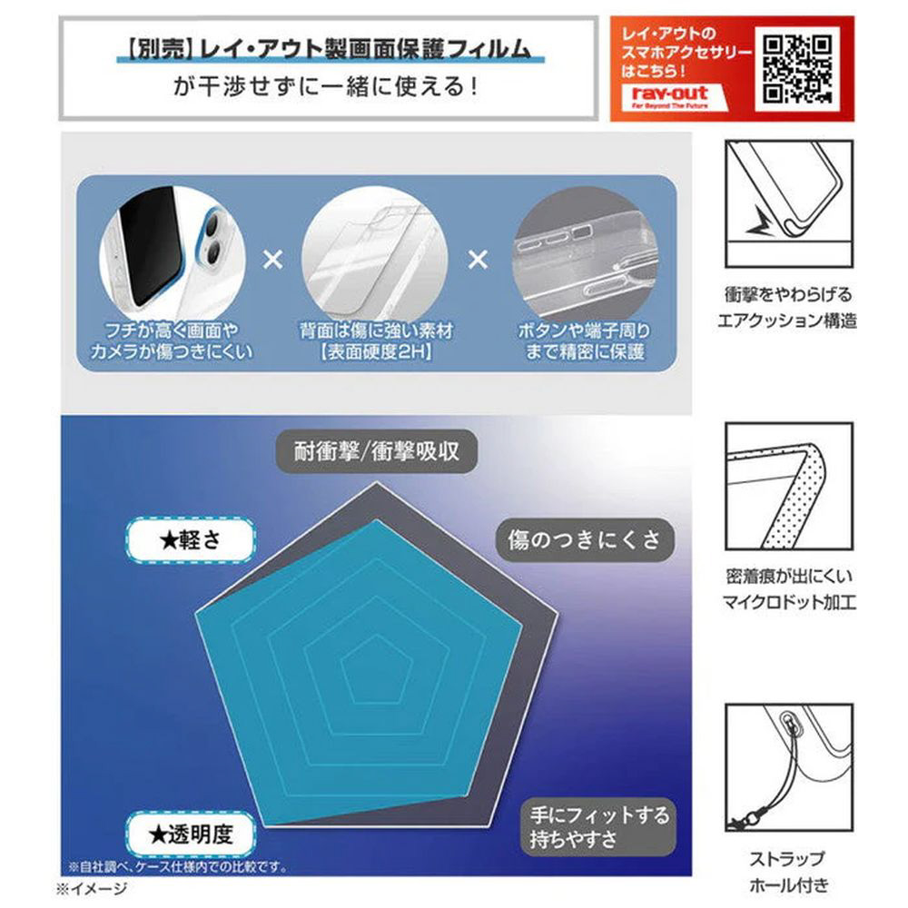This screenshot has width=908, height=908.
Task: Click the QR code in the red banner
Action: pos(797,69)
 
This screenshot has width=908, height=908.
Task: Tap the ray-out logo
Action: pos(669,97)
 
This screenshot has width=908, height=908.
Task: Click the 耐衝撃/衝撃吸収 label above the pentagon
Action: pos(377,451)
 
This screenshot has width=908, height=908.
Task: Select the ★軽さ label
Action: pos(191,540)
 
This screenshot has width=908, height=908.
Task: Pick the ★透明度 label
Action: pos(191,834)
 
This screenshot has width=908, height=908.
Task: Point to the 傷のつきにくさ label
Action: pos(585,539)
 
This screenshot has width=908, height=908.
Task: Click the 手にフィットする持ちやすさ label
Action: pos(598,827)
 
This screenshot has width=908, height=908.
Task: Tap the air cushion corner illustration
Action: pos(789,203)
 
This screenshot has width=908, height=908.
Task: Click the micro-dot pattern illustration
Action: pos(789,486)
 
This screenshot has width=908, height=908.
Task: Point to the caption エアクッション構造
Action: pos(787,321)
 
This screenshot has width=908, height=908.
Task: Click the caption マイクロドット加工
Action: pos(789,602)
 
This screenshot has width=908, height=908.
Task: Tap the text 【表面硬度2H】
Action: pos(376,351)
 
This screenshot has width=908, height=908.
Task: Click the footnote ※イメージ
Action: pos(92,889)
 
